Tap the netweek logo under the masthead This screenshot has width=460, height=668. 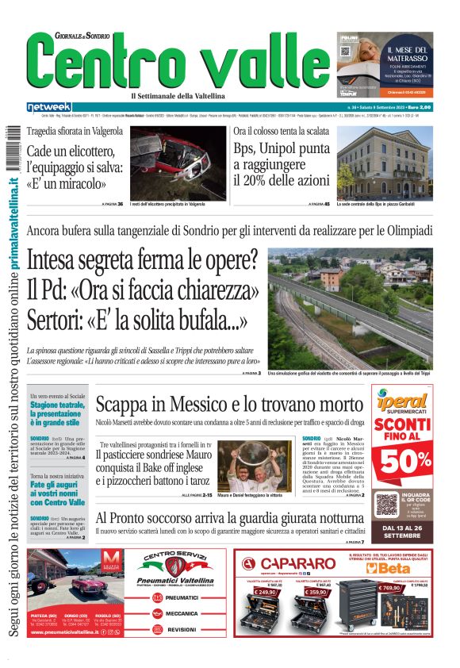pyautogui.click(x=48, y=106)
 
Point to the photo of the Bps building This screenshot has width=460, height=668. pyautogui.click(x=385, y=162)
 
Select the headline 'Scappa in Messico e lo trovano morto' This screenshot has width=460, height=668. pyautogui.click(x=230, y=406)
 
